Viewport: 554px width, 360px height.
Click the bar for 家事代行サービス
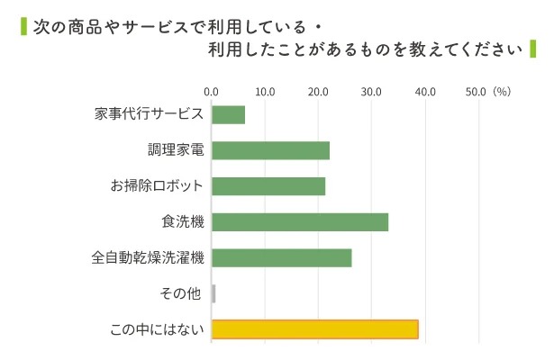tap(228, 114)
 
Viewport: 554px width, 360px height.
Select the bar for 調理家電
tap(270, 150)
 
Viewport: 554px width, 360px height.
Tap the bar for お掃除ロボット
tap(268, 186)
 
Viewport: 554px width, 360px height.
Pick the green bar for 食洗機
tap(299, 221)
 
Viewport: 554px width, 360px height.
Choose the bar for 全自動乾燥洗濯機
tap(281, 257)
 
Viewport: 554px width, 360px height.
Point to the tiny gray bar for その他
tap(213, 293)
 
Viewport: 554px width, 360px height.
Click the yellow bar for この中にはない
tap(314, 329)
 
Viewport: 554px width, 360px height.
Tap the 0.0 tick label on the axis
tap(212, 91)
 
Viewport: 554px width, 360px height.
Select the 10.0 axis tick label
tap(265, 91)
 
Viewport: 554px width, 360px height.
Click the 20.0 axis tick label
tap(318, 91)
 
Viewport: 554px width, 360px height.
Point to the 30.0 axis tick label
tap(371, 91)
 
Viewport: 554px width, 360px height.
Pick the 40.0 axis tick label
tap(424, 91)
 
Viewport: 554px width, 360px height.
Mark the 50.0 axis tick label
tap(476, 91)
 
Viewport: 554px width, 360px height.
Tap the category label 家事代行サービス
tap(149, 114)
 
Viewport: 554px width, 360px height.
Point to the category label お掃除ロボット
tap(157, 186)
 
